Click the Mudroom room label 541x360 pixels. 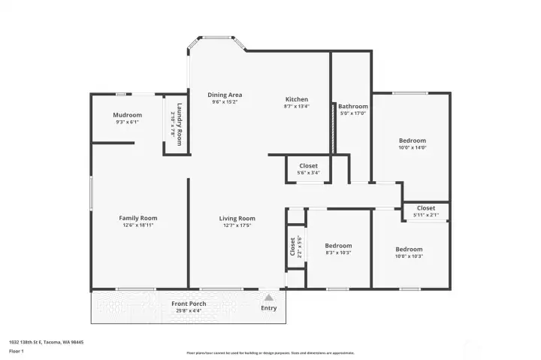(128, 115)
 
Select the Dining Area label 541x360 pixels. (225, 95)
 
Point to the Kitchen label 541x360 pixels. (296, 99)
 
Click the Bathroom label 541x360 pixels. (352, 107)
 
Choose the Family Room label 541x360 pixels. (138, 218)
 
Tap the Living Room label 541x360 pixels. (237, 218)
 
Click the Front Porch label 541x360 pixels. (188, 304)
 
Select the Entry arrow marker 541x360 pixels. (268, 298)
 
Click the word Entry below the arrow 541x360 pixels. (268, 308)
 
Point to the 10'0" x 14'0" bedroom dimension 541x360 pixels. (412, 148)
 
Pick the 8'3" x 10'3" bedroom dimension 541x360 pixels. (338, 253)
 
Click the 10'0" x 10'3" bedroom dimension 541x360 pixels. (409, 257)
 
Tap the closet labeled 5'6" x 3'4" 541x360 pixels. (308, 173)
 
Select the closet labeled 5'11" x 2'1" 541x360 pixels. (425, 216)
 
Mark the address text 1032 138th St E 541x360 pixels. (46, 342)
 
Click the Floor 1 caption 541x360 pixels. (17, 351)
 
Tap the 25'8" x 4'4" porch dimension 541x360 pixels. (188, 310)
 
